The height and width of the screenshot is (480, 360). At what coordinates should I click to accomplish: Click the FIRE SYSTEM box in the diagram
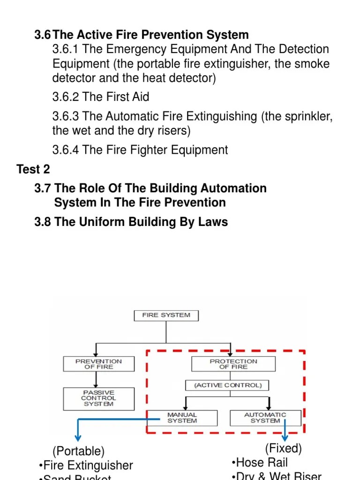pos(166,315)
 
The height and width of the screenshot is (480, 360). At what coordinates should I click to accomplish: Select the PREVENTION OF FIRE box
pos(98,364)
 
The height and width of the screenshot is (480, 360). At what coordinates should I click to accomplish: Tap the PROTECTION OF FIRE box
pos(233,364)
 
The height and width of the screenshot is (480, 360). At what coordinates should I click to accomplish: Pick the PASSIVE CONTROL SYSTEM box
pos(98,398)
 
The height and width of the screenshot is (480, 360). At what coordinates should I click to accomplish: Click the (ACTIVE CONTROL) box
pos(227,385)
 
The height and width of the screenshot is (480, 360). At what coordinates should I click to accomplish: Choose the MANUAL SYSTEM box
pos(182,418)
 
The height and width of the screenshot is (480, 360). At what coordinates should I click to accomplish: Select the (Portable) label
pos(78,451)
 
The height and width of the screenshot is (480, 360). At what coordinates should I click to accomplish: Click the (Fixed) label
pos(283,449)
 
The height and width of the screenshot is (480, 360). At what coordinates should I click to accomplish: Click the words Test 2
pos(33,169)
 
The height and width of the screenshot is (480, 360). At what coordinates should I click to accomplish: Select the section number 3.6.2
pos(66,97)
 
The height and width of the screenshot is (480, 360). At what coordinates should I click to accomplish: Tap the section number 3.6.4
pos(66,150)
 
